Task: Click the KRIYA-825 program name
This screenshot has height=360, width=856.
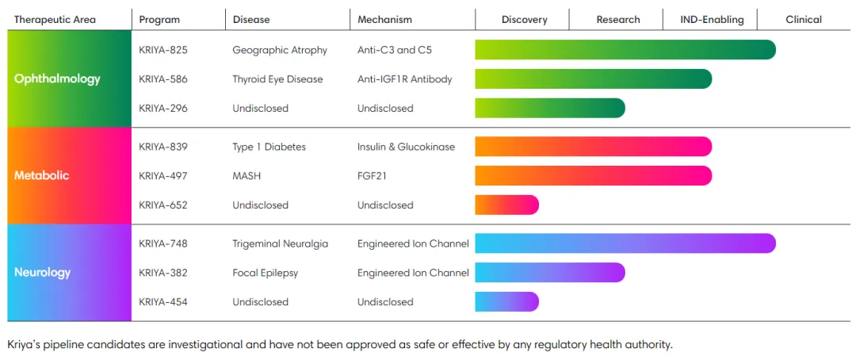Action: (163, 50)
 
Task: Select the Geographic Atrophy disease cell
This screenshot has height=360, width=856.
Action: (280, 50)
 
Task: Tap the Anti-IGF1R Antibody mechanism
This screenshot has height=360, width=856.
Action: (404, 79)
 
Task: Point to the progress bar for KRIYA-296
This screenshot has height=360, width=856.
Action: (549, 108)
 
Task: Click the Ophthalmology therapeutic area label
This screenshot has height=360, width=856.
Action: (57, 79)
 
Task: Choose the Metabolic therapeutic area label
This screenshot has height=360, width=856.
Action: (42, 175)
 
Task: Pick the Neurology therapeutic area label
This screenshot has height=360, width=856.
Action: (43, 272)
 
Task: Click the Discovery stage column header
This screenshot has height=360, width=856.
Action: (524, 20)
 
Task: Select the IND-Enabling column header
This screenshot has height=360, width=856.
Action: (712, 20)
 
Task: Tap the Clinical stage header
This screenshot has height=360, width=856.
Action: (804, 20)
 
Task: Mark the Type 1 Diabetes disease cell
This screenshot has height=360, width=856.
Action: (269, 147)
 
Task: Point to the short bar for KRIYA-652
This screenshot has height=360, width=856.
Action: (506, 205)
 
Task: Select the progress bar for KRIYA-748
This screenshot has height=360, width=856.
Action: (625, 243)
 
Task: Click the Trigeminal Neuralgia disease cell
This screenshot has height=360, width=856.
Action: (280, 243)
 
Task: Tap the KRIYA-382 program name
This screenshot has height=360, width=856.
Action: (163, 273)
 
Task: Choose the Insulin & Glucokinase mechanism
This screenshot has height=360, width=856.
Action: (406, 147)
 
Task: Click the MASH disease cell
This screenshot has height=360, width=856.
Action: (246, 175)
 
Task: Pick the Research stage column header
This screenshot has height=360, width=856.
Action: (618, 20)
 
